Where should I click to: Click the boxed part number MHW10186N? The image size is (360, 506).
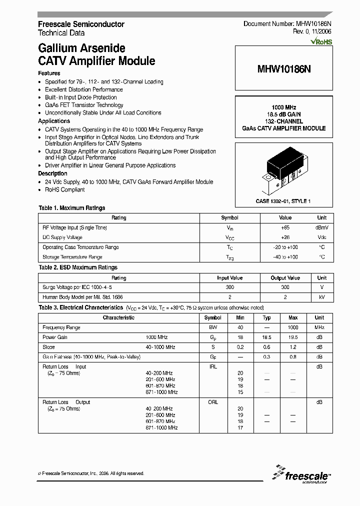[283, 69]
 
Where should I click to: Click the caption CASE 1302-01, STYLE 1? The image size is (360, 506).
[283, 200]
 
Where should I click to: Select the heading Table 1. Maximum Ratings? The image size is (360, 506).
[72, 208]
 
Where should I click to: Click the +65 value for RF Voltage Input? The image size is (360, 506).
[285, 227]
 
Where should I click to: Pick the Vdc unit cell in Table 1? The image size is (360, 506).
[321, 237]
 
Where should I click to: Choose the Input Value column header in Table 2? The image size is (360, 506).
[229, 277]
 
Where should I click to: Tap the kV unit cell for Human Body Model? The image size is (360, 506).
[321, 297]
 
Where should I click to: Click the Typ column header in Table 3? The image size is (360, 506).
[267, 317]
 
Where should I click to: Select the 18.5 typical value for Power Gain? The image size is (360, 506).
[267, 337]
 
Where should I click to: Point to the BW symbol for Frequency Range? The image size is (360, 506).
[213, 327]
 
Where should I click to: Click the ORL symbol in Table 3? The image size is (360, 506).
[213, 402]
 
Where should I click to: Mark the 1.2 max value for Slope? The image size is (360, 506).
[293, 347]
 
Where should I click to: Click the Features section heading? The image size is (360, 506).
[49, 73]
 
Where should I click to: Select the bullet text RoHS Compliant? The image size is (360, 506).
[65, 189]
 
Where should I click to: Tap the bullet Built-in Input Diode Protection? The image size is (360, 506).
[80, 97]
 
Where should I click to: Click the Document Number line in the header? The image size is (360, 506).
[287, 24]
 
